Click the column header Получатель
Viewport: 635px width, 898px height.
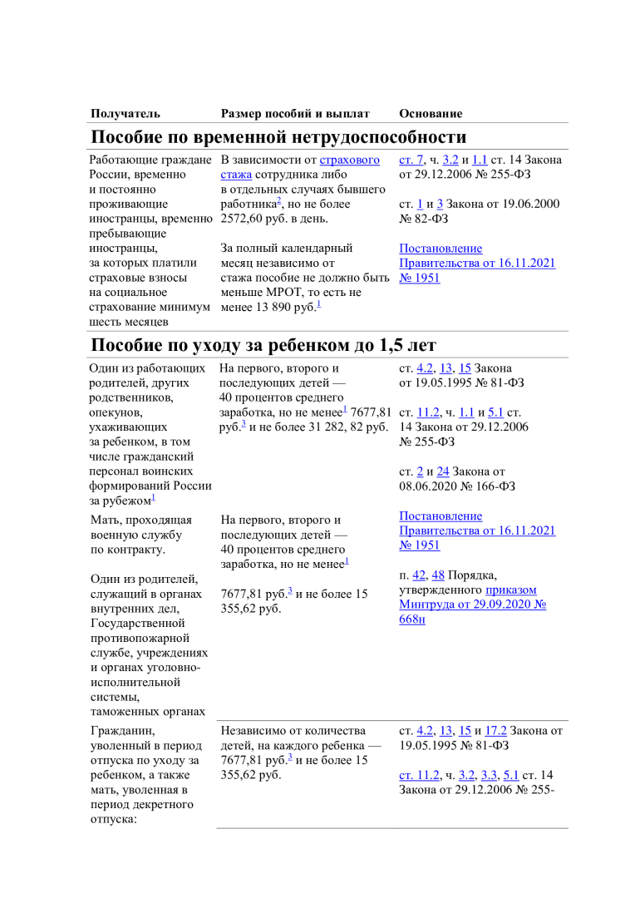[x=126, y=113]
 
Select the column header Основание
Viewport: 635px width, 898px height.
[x=431, y=113]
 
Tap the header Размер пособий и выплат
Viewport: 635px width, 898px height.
[x=295, y=113]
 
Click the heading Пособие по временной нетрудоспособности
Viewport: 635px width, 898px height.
[x=278, y=137]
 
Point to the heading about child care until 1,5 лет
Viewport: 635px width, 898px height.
[x=263, y=345]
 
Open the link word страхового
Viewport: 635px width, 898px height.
[x=350, y=160]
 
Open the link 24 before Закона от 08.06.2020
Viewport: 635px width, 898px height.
[x=443, y=471]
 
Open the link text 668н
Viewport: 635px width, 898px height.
[x=412, y=620]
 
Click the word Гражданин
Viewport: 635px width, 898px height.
[x=119, y=732]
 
